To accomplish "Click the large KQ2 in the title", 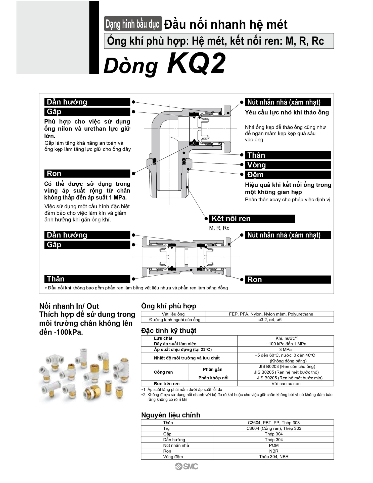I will (196, 63).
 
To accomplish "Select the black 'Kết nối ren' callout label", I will (252, 219).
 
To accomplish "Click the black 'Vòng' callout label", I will (288, 165).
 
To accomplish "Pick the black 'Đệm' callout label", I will (288, 175).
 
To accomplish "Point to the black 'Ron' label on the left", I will (87, 174).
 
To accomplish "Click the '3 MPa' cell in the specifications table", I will (285, 349).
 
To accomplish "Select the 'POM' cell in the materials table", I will (273, 445).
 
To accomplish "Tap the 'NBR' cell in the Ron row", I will (273, 451).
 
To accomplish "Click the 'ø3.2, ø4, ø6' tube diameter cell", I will (270, 320).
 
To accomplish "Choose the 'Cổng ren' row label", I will (163, 372).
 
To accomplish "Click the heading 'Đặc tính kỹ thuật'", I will (169, 331).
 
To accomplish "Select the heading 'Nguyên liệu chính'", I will (171, 415).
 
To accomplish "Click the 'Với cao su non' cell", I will (286, 384).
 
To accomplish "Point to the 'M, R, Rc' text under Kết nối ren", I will (219, 228).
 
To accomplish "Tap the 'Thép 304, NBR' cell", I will (273, 457).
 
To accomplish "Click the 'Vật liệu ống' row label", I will (173, 314).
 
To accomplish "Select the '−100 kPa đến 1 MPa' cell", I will (286, 344).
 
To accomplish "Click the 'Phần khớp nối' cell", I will (213, 378).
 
